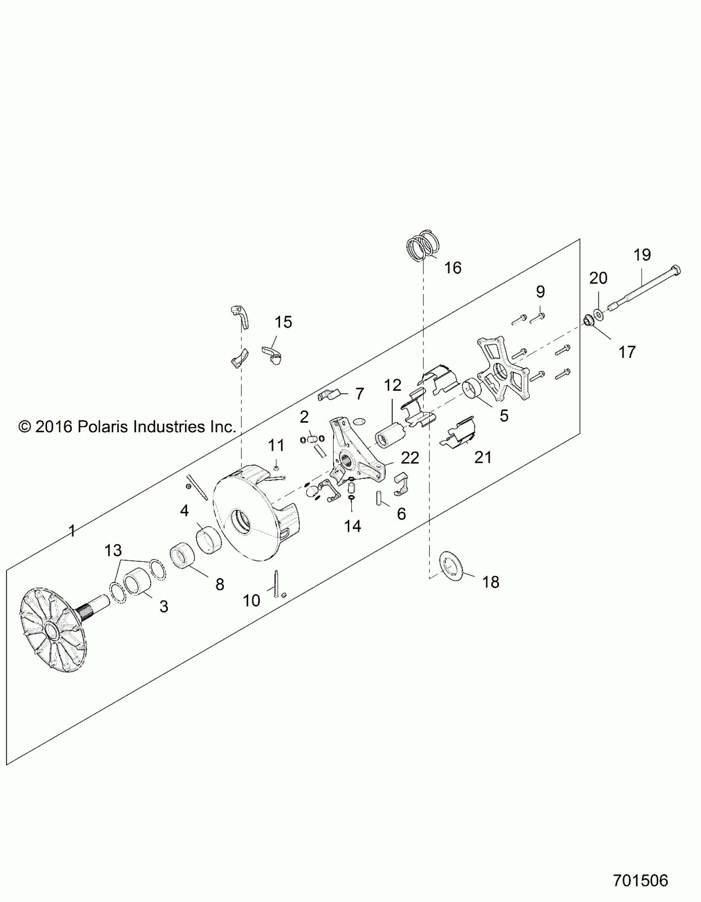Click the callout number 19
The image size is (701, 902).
point(642,255)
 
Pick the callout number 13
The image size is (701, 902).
point(113,550)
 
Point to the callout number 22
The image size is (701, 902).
point(410,458)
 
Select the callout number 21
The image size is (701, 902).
point(483,457)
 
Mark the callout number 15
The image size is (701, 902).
point(283,322)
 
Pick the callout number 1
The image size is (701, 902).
point(72,531)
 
